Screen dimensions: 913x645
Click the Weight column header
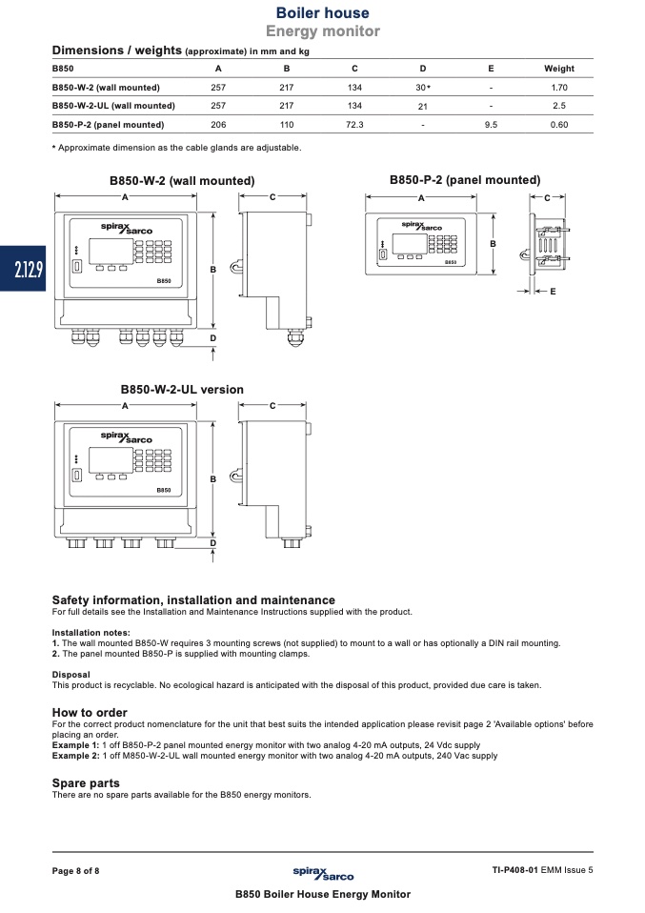(x=558, y=69)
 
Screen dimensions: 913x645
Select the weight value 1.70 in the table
(x=559, y=88)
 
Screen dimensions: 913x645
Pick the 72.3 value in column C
(x=354, y=125)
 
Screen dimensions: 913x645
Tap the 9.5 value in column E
(x=491, y=125)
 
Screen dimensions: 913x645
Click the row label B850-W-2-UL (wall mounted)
(x=113, y=106)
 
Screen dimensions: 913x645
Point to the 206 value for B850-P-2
(x=218, y=125)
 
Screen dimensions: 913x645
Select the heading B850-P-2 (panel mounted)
(x=465, y=180)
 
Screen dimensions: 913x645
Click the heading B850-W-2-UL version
(x=182, y=390)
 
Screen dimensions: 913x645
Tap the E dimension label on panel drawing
(x=553, y=290)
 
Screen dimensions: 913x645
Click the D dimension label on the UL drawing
(x=212, y=543)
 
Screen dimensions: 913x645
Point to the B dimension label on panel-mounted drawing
(x=493, y=244)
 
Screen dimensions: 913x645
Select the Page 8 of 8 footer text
(x=75, y=870)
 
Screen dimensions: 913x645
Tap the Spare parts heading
(x=86, y=783)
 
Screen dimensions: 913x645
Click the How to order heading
(x=90, y=713)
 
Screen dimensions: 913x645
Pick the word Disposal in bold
(x=71, y=675)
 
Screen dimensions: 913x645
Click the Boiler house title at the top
(x=322, y=13)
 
